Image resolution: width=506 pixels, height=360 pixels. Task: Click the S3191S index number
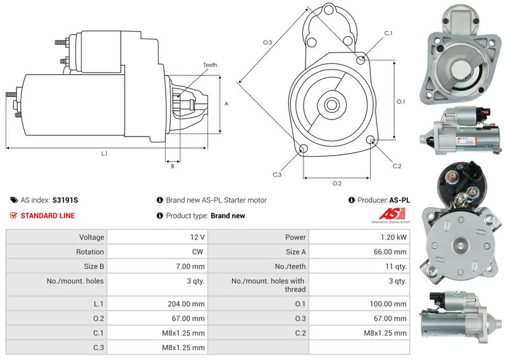[x=65, y=200]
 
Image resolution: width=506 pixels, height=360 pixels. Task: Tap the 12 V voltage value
[x=197, y=237]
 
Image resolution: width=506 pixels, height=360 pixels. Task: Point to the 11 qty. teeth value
[x=396, y=266]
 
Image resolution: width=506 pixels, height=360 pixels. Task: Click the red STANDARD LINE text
[x=47, y=216]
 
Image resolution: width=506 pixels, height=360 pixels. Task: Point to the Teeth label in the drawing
[x=210, y=65]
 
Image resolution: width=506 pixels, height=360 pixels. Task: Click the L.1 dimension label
[x=104, y=154]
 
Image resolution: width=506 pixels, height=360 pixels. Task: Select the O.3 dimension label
[x=268, y=42]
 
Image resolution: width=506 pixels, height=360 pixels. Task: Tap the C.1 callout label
[x=388, y=33]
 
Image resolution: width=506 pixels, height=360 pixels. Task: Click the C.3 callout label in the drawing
[x=277, y=175]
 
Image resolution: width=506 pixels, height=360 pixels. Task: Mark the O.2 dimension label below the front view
[x=337, y=183]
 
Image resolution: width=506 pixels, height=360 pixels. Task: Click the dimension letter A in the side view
[x=226, y=103]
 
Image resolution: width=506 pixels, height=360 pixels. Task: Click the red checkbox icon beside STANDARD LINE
[x=14, y=216]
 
